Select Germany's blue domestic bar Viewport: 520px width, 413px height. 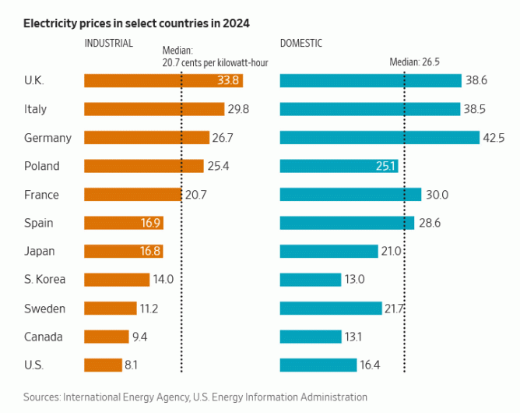(379, 138)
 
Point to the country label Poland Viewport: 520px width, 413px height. (41, 166)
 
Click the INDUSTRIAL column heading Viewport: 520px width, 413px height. (109, 44)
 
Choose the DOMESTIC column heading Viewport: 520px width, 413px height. (301, 44)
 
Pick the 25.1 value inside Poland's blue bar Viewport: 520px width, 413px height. (387, 166)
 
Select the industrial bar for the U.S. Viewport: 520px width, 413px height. (103, 365)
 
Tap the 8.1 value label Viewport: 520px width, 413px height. (132, 365)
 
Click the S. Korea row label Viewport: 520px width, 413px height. (45, 280)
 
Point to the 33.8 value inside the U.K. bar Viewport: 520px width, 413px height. (228, 80)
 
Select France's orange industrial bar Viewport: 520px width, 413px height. (132, 195)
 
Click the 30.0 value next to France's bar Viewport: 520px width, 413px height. (437, 195)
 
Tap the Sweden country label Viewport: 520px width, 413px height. (45, 309)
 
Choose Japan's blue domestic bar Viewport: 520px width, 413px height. (329, 252)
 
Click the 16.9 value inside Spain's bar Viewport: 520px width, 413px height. (150, 223)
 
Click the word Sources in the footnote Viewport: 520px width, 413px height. (43, 397)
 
